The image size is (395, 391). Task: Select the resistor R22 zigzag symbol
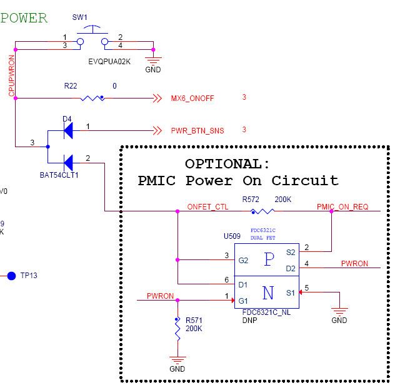pyautogui.click(x=92, y=98)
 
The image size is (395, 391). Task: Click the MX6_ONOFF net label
pyautogui.click(x=192, y=99)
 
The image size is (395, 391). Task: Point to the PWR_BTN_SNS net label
pyautogui.click(x=197, y=130)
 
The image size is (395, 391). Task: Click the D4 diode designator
pyautogui.click(x=67, y=118)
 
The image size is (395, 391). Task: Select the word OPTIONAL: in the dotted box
pyautogui.click(x=227, y=163)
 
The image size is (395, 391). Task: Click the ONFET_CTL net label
pyautogui.click(x=208, y=206)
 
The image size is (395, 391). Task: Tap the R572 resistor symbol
pyautogui.click(x=263, y=211)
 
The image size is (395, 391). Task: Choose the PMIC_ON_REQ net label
pyautogui.click(x=342, y=206)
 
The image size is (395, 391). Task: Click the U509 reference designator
pyautogui.click(x=232, y=237)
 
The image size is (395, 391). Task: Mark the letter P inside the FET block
pyautogui.click(x=269, y=259)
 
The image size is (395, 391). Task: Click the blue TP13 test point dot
pyautogui.click(x=11, y=275)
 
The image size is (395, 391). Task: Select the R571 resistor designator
pyautogui.click(x=193, y=320)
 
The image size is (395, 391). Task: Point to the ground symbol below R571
pyautogui.click(x=177, y=360)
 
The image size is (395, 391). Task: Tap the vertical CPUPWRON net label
pyautogui.click(x=11, y=75)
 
